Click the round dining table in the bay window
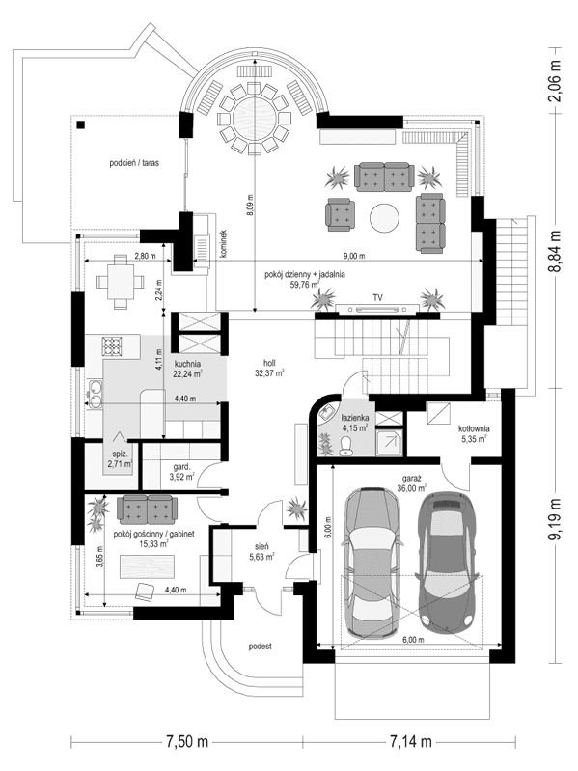[x=252, y=115]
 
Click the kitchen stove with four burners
[x=114, y=346]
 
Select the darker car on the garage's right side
[x=448, y=557]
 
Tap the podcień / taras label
[x=134, y=164]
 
